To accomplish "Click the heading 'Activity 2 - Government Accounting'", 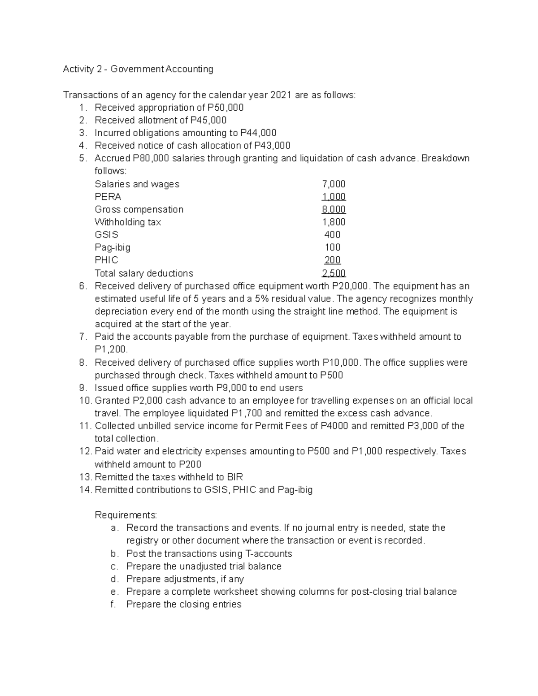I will (138, 69).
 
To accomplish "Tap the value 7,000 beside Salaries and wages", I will (334, 184).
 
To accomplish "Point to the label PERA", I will (108, 197).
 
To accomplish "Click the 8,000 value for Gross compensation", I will (334, 209).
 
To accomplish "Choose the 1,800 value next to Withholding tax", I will (334, 222).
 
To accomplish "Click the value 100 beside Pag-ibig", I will (333, 247).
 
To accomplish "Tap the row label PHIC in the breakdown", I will (106, 260).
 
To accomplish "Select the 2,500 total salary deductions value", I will (334, 273).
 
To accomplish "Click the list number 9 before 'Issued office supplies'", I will (81, 388).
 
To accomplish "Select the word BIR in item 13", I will (235, 477).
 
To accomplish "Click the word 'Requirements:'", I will (126, 515).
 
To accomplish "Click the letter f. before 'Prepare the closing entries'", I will (113, 604).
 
